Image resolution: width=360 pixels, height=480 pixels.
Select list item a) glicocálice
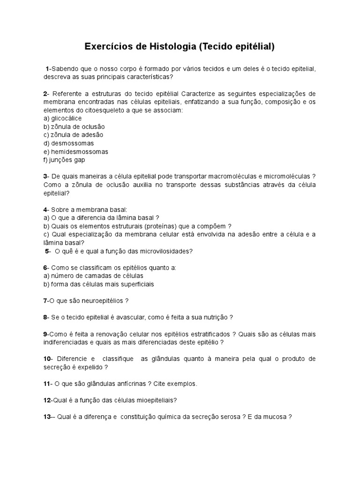point(62,119)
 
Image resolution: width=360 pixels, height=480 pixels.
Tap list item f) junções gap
point(64,160)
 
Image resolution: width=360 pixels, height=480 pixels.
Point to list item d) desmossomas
point(68,143)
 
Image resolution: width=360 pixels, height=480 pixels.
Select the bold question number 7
point(45,300)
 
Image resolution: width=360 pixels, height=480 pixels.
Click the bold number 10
point(48,359)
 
